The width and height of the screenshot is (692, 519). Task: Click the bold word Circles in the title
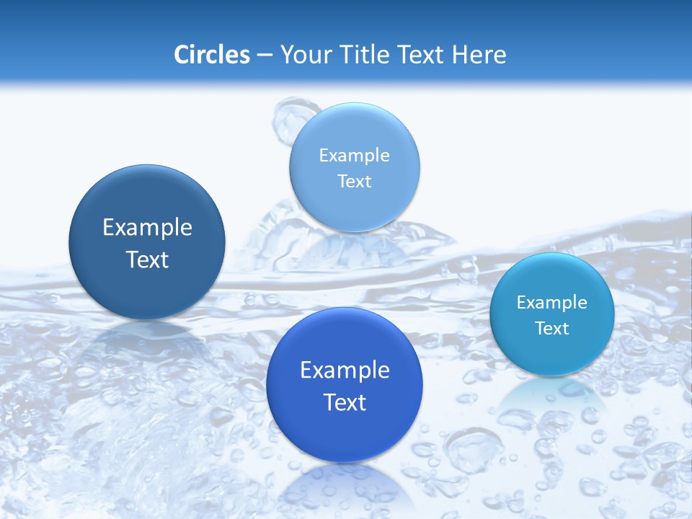tap(211, 55)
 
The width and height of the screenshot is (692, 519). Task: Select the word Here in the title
tap(479, 55)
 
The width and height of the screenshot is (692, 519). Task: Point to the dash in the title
tap(264, 56)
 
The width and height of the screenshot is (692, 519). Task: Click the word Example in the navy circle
tap(147, 228)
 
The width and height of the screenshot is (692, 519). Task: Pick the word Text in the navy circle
tap(147, 259)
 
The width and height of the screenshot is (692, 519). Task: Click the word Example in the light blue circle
tap(354, 155)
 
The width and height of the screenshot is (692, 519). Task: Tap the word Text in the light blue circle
tap(354, 181)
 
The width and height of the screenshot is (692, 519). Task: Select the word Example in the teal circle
tap(551, 302)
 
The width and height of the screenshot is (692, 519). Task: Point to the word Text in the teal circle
tap(551, 328)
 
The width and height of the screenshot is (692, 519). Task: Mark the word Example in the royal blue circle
tap(344, 371)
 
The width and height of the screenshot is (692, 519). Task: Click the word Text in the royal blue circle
tap(344, 402)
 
